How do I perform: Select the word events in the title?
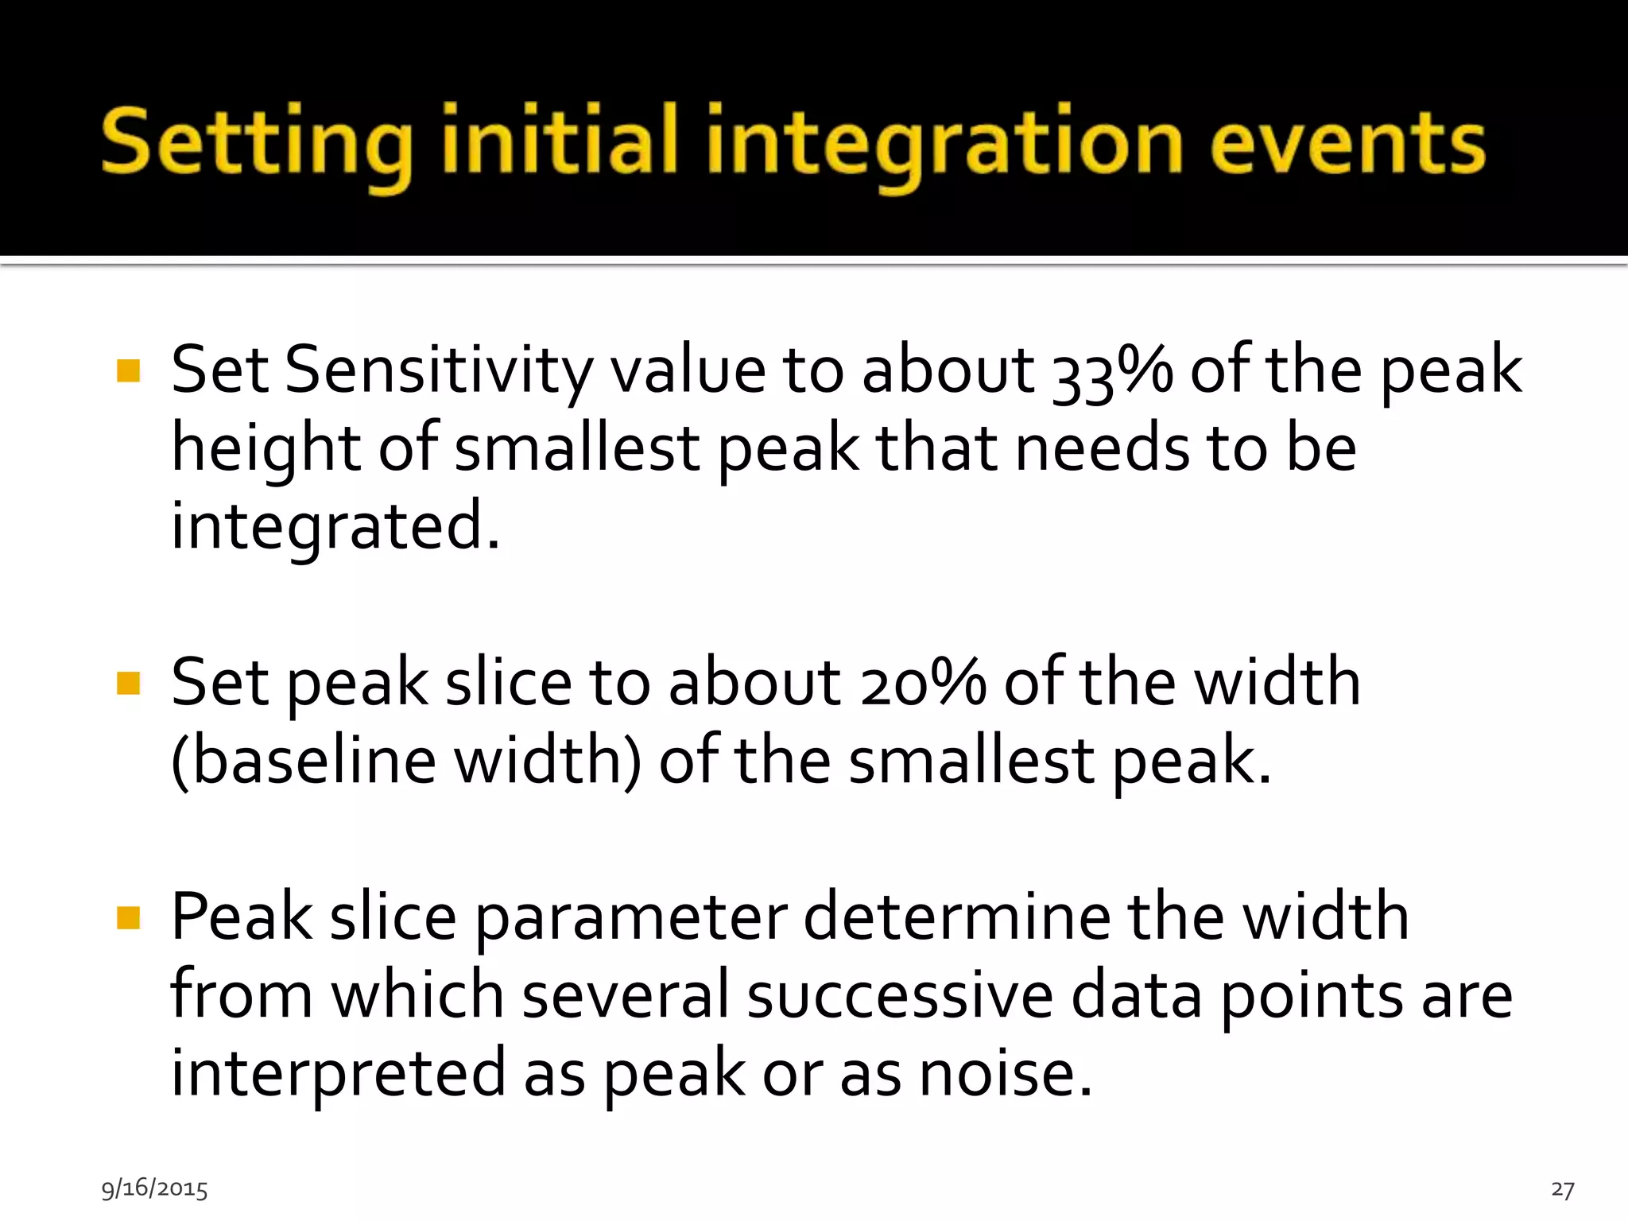[1348, 143]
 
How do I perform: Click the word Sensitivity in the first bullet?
[438, 370]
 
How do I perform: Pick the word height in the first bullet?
[266, 448]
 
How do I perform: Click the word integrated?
[335, 526]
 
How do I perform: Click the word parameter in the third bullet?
[631, 917]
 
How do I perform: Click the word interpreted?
[339, 1073]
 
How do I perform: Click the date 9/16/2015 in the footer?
[154, 1188]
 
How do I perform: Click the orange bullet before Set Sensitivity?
[128, 370]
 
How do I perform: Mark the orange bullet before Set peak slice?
[128, 683]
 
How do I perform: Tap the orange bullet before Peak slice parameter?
[128, 918]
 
